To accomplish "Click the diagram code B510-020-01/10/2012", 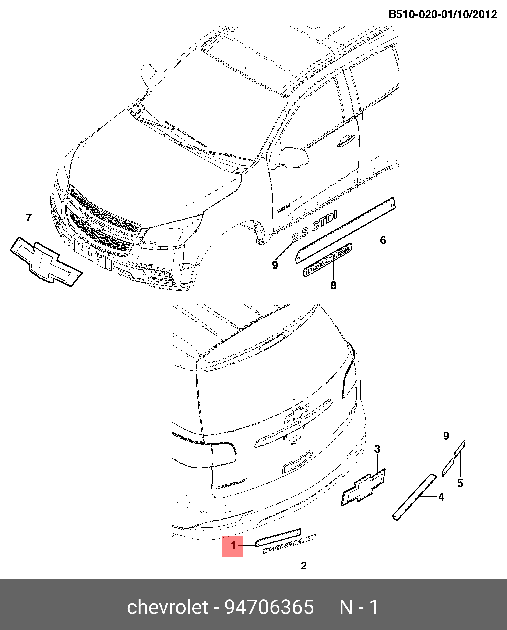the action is tap(442, 14).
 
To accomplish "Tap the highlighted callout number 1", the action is tap(233, 545).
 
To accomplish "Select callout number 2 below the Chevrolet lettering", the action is tap(303, 566).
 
